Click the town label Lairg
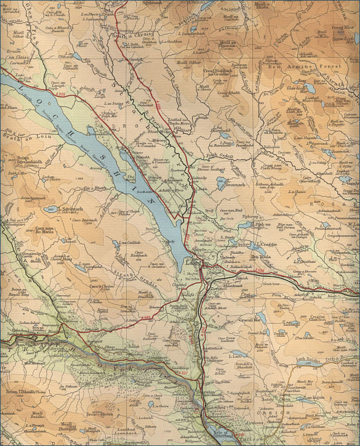192,262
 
